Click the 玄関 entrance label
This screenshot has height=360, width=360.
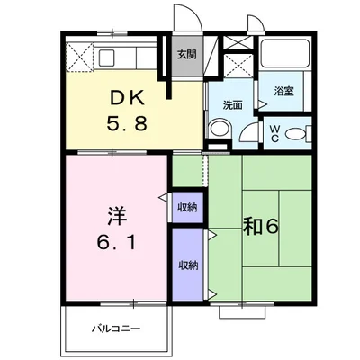tap(186, 55)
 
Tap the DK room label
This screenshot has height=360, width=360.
tap(127, 97)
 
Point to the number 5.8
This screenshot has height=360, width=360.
tap(127, 123)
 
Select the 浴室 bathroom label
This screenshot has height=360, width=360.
tap(283, 91)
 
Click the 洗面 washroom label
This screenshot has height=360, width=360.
tap(233, 105)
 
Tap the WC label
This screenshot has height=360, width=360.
tap(274, 133)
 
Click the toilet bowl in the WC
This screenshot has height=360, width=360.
tap(294, 134)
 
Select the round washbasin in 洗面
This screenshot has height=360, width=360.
tap(220, 129)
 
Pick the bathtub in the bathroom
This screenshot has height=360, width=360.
tap(284, 53)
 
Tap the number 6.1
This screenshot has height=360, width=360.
tap(117, 242)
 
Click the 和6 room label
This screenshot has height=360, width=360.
tap(261, 227)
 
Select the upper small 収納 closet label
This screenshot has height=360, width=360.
tap(187, 208)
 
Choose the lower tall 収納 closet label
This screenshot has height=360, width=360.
tap(188, 265)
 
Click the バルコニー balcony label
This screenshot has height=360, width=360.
tap(116, 328)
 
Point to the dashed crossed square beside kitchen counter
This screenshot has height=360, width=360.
tap(79, 58)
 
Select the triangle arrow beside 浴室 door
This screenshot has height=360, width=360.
tap(263, 104)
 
